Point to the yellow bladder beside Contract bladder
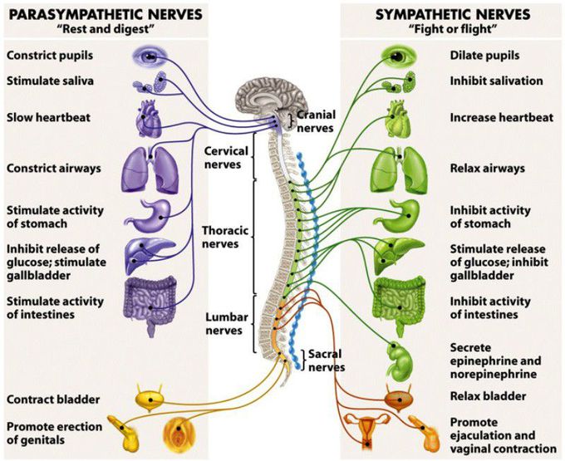pos(150,400)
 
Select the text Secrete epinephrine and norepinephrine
pos(495,360)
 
